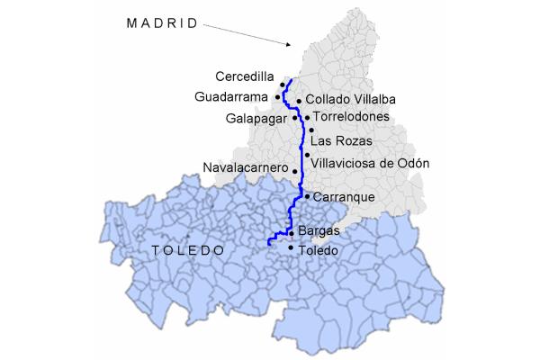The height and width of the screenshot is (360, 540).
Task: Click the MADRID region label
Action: click(x=162, y=24)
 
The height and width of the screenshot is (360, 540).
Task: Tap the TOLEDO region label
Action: click(x=187, y=249)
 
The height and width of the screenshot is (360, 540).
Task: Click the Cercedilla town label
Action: click(x=245, y=77)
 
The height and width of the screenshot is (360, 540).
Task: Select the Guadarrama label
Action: click(x=231, y=96)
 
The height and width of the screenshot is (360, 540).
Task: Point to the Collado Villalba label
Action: click(x=351, y=99)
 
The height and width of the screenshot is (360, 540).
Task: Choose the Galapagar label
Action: click(x=257, y=118)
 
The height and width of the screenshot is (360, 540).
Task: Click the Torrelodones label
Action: click(x=350, y=117)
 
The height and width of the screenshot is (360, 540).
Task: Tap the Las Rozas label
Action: click(x=340, y=141)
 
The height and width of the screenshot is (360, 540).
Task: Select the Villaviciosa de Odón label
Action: click(x=370, y=163)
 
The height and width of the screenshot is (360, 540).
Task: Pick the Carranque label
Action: click(x=343, y=196)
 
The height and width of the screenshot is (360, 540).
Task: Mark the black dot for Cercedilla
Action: click(x=283, y=85)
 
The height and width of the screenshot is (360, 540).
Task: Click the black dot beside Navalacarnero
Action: click(x=294, y=169)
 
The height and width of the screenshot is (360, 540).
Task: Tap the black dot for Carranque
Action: click(x=307, y=196)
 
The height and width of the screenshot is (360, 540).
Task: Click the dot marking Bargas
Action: click(x=291, y=233)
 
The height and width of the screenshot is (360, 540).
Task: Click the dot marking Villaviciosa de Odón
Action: click(x=307, y=156)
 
